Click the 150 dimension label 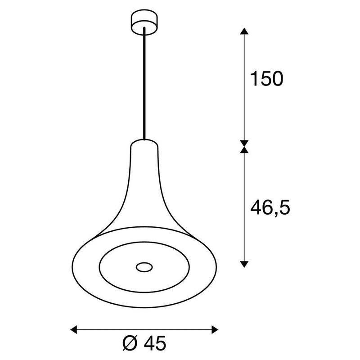[x=266, y=79]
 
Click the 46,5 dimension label [x=269, y=207]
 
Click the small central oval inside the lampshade [x=144, y=267]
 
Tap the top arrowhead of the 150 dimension [x=243, y=31]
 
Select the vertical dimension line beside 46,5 [x=243, y=207]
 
